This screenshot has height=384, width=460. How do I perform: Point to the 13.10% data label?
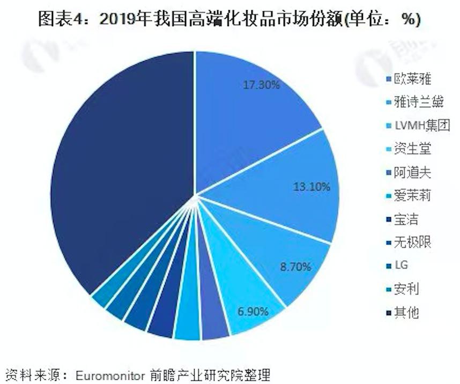[311, 187]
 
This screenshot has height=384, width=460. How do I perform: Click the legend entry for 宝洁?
[405, 219]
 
